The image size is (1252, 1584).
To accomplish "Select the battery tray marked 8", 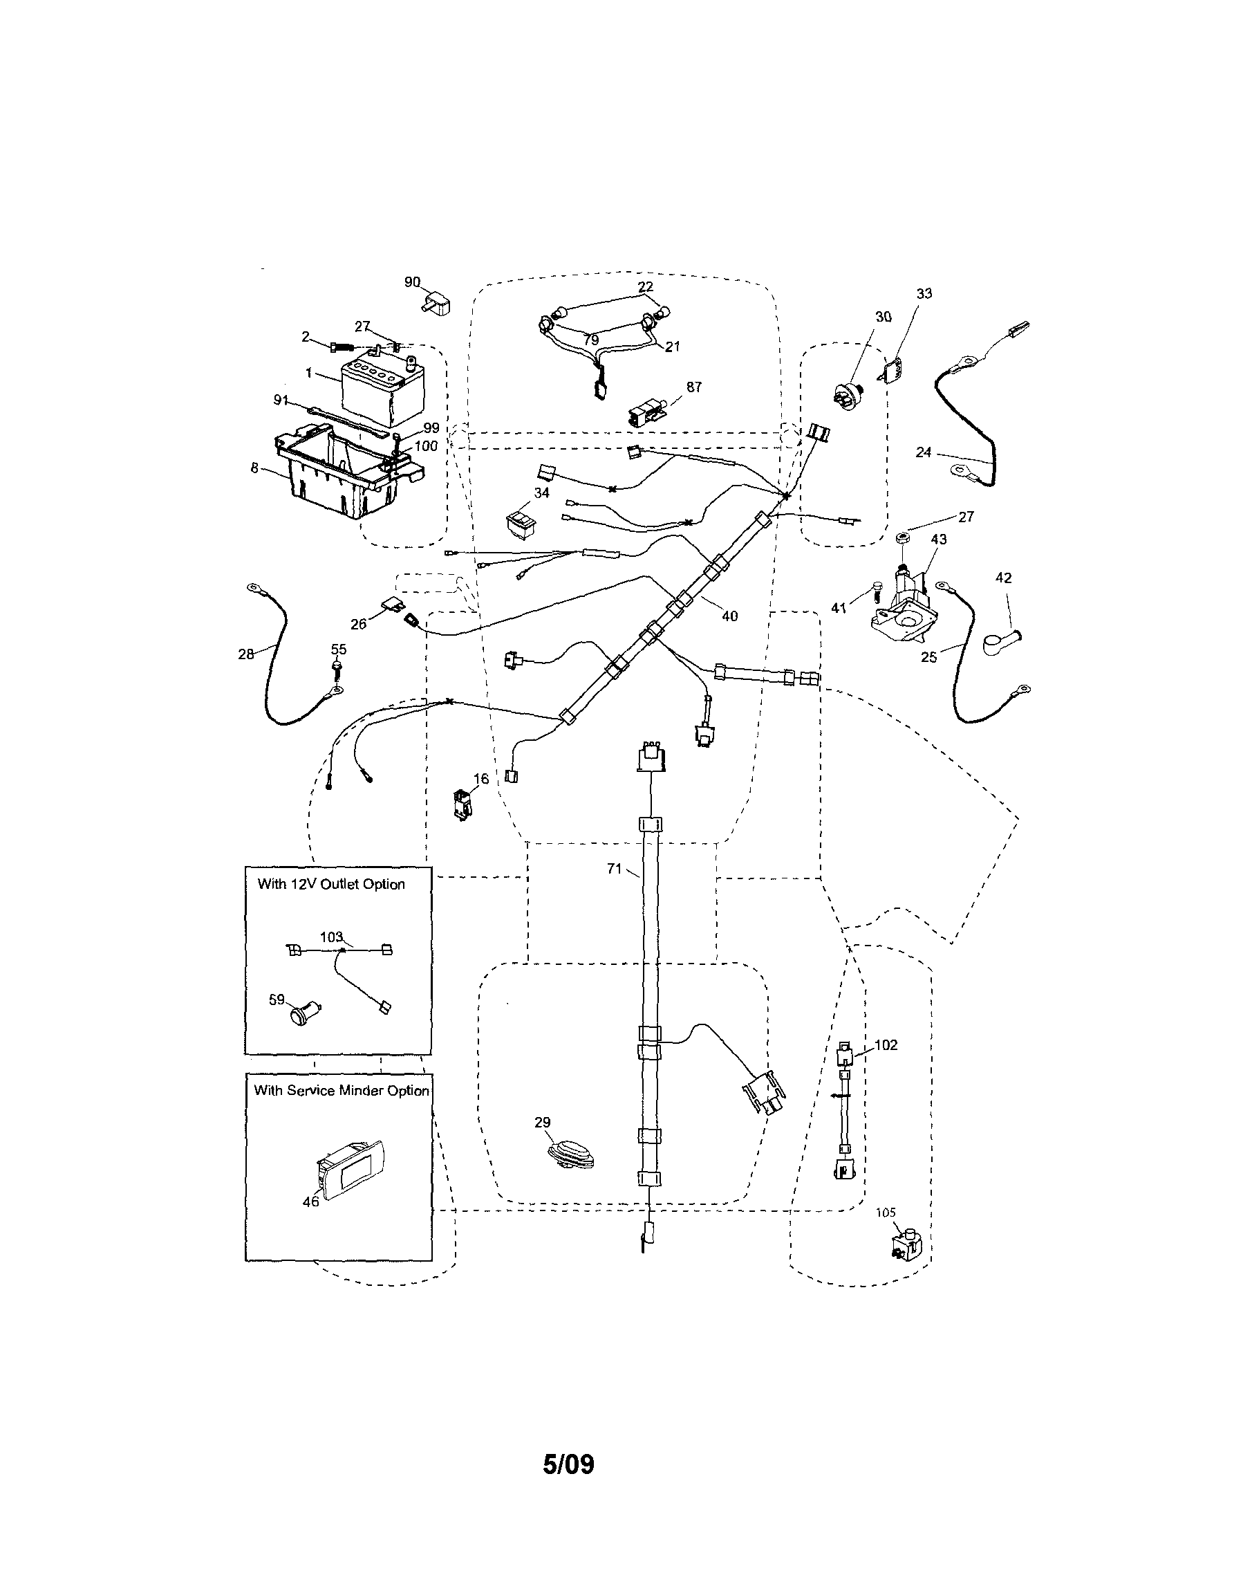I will click(x=344, y=477).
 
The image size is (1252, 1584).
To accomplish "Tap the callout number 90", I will click(x=412, y=282).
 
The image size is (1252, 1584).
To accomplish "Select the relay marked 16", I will click(x=462, y=804).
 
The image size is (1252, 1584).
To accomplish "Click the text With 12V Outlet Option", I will click(x=331, y=885).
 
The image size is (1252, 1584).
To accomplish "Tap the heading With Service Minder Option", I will click(x=341, y=1090).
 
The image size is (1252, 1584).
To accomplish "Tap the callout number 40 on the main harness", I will click(x=729, y=616).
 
